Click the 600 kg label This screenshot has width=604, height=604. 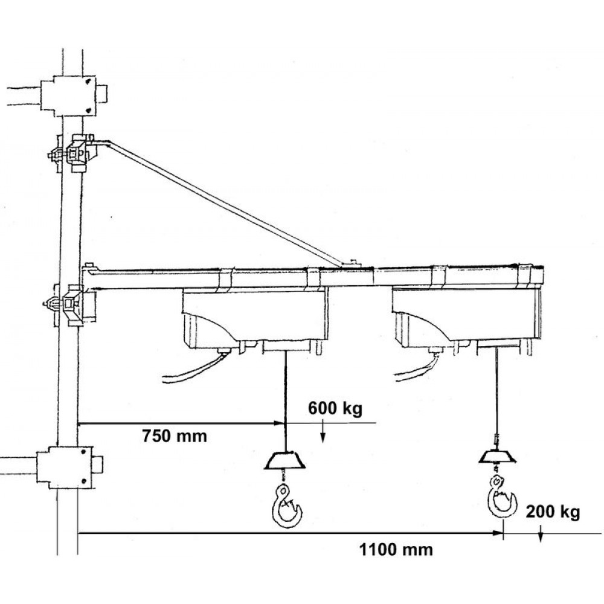(x=335, y=408)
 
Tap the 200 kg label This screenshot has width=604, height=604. (x=553, y=512)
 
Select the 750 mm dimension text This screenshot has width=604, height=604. (x=175, y=436)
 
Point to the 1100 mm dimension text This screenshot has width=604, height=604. (x=396, y=549)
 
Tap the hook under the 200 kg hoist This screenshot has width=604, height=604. (x=501, y=497)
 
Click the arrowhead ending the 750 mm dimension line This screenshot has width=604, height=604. (x=280, y=423)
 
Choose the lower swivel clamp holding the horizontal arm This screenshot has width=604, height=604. (x=69, y=304)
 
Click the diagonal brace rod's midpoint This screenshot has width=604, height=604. (x=225, y=203)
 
